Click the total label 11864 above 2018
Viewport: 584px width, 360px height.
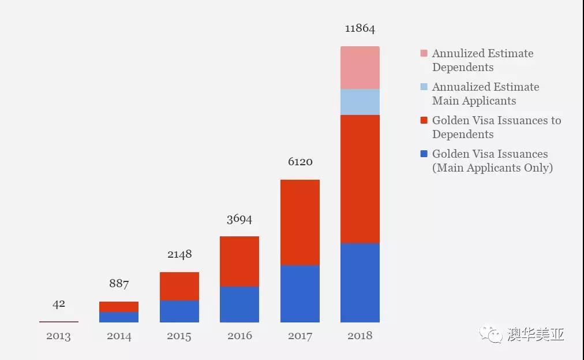click(x=360, y=29)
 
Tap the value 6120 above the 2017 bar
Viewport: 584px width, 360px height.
click(x=300, y=162)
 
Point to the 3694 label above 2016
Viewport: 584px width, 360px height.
click(x=239, y=219)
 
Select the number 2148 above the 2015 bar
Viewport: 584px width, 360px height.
click(x=179, y=254)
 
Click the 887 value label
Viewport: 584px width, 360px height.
click(x=119, y=284)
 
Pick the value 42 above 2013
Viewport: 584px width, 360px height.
click(x=59, y=304)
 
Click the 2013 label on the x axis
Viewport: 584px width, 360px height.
click(x=59, y=336)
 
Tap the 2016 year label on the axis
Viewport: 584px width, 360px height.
click(x=239, y=336)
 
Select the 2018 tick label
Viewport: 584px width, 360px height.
click(x=360, y=336)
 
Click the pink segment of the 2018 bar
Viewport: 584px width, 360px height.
click(x=360, y=68)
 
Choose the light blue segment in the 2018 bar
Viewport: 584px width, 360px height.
click(x=360, y=102)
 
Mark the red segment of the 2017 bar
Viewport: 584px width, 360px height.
click(x=300, y=222)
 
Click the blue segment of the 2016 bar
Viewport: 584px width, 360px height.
click(x=239, y=305)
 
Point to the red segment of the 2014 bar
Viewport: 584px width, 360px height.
click(x=119, y=307)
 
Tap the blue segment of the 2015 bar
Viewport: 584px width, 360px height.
click(x=179, y=311)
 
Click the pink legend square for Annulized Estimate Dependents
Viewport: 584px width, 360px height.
click(x=424, y=54)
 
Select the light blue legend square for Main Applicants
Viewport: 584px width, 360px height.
click(x=424, y=87)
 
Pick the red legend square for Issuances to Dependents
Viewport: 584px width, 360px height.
click(x=424, y=121)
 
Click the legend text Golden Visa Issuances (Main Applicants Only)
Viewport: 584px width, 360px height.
click(x=492, y=161)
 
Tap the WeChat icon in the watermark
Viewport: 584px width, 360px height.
click(x=494, y=335)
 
